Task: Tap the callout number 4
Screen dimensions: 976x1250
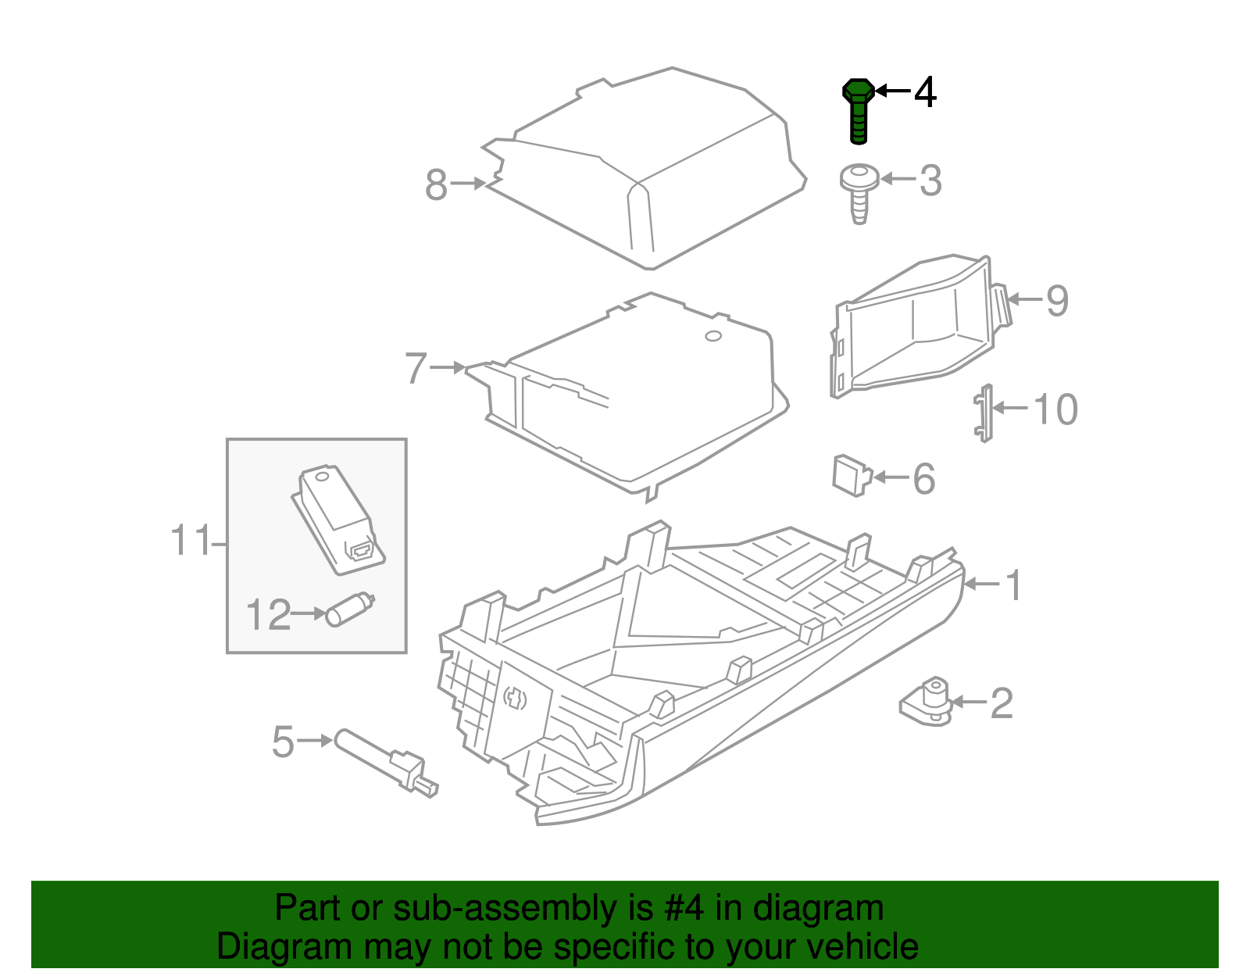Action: [925, 92]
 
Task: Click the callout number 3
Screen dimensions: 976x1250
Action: [930, 181]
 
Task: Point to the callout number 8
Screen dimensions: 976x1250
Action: [436, 185]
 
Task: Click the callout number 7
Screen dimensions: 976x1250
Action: [416, 368]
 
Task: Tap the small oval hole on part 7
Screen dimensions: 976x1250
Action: [712, 337]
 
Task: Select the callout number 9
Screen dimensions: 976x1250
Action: [1056, 301]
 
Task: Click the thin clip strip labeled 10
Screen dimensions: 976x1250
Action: [984, 413]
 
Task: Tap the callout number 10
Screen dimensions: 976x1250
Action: [1055, 409]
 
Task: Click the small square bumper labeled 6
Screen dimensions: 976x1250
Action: [850, 475]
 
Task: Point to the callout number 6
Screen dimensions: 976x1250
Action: [923, 478]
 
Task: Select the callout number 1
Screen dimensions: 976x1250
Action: [1013, 585]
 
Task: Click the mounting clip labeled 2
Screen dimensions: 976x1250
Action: [927, 701]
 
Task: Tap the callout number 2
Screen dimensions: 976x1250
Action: [1001, 703]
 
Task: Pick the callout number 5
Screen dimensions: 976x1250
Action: [283, 742]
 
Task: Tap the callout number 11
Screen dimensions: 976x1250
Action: [190, 541]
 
